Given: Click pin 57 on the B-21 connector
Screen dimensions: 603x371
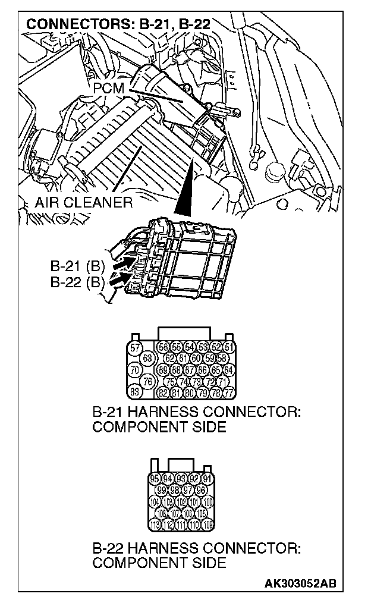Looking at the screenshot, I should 135,347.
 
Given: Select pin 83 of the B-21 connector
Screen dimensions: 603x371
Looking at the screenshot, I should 135,391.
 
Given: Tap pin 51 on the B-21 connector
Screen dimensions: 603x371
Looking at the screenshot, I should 229,347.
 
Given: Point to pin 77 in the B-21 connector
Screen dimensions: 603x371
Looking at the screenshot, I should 229,392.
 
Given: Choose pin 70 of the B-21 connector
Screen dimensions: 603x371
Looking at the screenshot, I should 135,369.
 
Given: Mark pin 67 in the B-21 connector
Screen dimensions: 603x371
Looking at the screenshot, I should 190,370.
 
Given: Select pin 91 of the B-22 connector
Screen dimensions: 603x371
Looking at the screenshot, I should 207,479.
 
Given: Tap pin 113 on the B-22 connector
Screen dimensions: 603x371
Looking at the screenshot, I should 155,524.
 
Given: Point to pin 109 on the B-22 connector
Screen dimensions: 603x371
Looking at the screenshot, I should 207,524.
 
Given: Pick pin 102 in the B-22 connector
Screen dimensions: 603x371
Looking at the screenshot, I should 181,501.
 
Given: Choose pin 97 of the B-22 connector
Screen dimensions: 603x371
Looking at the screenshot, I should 188,490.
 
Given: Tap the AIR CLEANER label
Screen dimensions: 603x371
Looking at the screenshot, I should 83,202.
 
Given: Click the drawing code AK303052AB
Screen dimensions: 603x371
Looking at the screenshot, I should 300,583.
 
